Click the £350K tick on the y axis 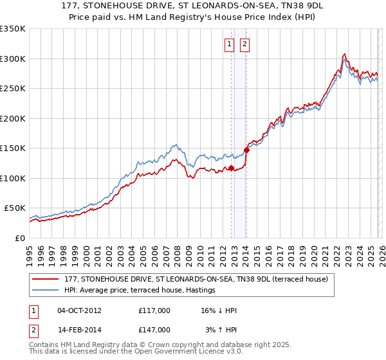point(12,29)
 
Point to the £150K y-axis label point(12,148)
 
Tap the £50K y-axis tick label point(15,208)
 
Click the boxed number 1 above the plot point(230,44)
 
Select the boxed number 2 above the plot point(245,44)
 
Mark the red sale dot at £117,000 point(231,168)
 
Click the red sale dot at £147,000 point(246,150)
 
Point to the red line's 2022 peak point(345,54)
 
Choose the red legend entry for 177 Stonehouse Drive point(196,279)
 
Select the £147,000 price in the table point(154,329)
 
